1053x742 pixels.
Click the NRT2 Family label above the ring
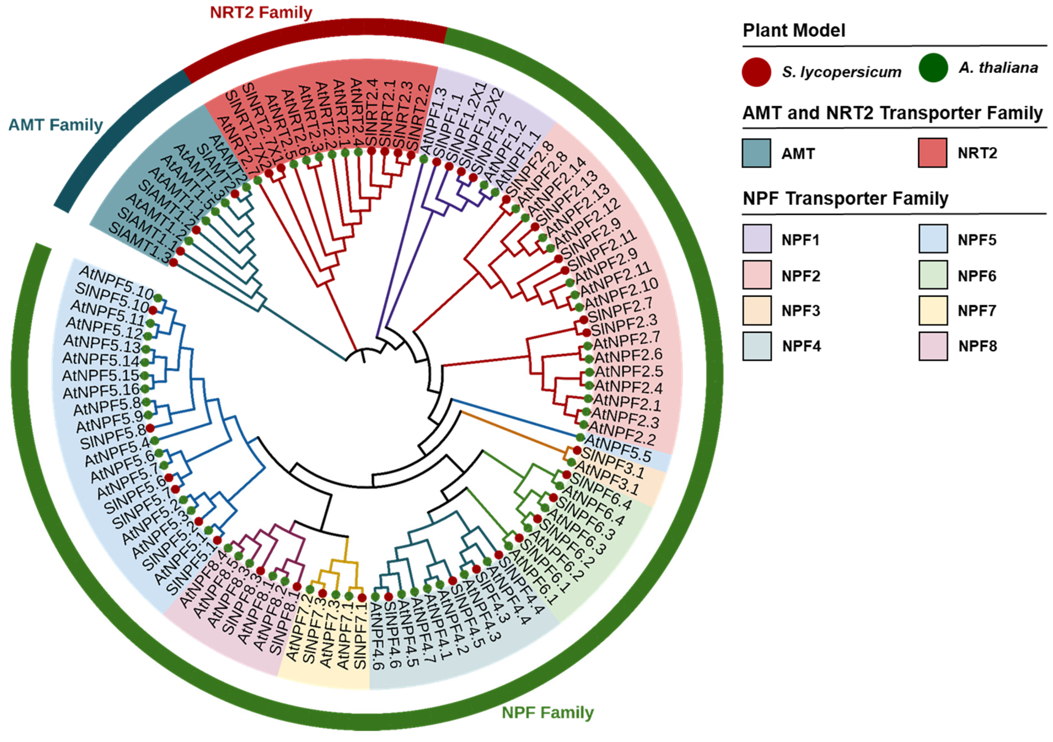pyautogui.click(x=261, y=12)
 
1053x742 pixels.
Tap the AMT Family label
pyautogui.click(x=56, y=125)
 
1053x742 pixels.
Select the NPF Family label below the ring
pyautogui.click(x=548, y=713)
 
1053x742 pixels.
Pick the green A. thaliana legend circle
pyautogui.click(x=933, y=68)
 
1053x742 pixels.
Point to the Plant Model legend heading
pyautogui.click(x=794, y=31)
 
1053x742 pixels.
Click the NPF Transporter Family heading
pyautogui.click(x=845, y=199)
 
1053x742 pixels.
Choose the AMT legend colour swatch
pyautogui.click(x=756, y=153)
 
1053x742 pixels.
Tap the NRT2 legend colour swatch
pyautogui.click(x=932, y=153)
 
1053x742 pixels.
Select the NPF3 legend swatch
pyautogui.click(x=757, y=311)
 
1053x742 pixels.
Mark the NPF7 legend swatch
pyautogui.click(x=933, y=311)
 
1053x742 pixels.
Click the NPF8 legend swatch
pyautogui.click(x=933, y=346)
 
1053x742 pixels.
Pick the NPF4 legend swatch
pyautogui.click(x=757, y=346)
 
